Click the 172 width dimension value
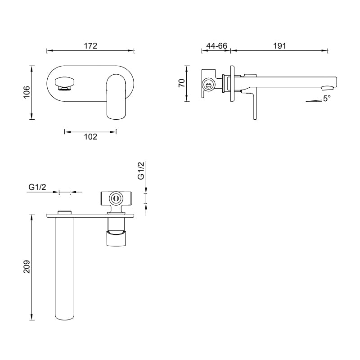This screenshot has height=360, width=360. (x=90, y=45)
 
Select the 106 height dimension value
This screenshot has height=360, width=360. (x=27, y=92)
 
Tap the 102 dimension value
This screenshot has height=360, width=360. (x=90, y=137)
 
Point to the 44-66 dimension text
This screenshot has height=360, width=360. (x=216, y=45)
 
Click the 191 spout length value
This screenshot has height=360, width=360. (x=279, y=45)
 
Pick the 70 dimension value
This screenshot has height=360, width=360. (x=182, y=83)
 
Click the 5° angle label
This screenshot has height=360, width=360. (x=327, y=99)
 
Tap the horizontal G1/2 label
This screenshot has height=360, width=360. (x=37, y=187)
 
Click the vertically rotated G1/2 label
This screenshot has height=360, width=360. (x=141, y=171)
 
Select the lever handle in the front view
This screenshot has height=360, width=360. (x=116, y=97)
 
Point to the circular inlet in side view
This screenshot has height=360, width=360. (x=208, y=84)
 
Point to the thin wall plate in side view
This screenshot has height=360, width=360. (x=233, y=85)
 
